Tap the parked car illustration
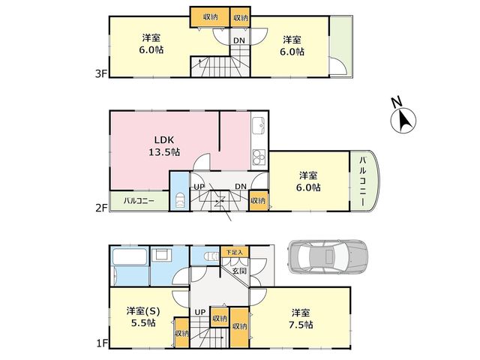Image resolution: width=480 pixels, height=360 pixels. [328, 256]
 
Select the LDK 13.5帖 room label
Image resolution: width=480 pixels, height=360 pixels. [164, 145]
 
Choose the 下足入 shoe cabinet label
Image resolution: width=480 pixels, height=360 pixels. [235, 252]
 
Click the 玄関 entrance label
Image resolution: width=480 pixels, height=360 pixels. [240, 271]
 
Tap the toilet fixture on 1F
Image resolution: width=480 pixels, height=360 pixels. [211, 256]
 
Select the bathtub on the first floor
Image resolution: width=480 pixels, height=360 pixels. [130, 257]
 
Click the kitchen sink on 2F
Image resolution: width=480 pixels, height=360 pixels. [259, 125]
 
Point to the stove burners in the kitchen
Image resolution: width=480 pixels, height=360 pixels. [259, 157]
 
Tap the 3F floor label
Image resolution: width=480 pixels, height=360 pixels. [100, 73]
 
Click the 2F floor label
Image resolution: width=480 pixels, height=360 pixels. [101, 208]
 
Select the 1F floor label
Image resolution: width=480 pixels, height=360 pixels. [102, 344]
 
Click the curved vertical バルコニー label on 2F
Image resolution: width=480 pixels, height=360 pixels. [363, 181]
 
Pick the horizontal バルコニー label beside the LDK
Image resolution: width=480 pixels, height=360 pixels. [139, 201]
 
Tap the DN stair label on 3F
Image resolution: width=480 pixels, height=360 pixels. [239, 40]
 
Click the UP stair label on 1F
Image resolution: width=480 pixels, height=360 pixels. [200, 312]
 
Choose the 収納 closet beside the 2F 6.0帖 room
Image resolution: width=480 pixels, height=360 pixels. [258, 201]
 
